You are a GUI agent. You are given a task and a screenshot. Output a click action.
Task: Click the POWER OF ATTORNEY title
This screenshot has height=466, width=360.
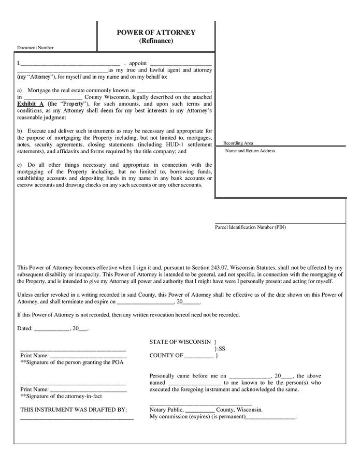point(156,33)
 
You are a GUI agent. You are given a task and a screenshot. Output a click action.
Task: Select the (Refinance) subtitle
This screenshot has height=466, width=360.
point(156,41)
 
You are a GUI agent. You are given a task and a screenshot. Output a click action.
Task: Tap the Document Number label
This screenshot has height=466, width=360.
point(35,48)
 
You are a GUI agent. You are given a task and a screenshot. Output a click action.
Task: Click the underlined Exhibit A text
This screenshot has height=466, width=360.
point(31,104)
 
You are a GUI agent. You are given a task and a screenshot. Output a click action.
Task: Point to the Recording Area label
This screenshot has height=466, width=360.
point(238,143)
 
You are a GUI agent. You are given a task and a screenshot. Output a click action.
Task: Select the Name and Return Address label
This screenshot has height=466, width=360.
point(250,151)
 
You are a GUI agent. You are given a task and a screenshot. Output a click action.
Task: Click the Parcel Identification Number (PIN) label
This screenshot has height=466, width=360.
point(250,227)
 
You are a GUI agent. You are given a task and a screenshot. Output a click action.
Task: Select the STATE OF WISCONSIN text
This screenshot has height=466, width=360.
point(180,342)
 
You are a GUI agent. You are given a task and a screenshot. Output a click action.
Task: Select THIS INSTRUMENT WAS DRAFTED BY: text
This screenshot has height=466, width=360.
point(74,410)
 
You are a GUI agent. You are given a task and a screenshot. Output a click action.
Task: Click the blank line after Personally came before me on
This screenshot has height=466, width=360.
point(249,376)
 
